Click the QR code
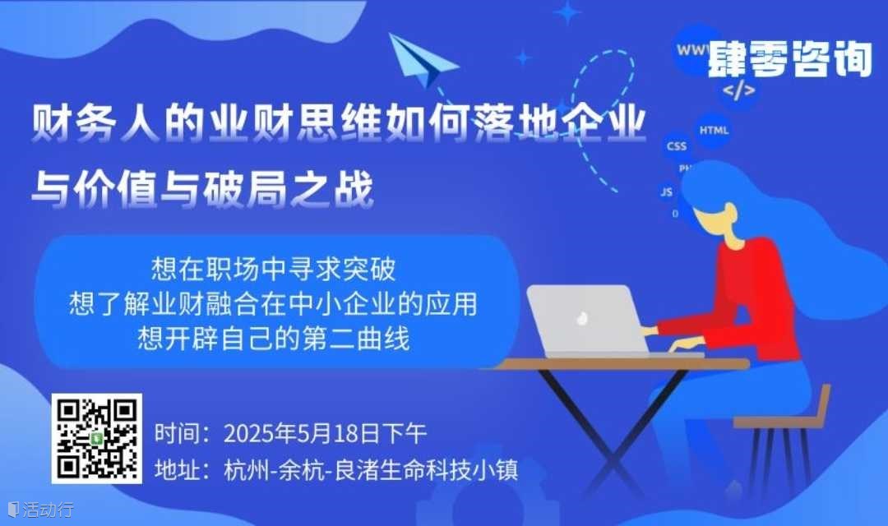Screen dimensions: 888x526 [x=97, y=439]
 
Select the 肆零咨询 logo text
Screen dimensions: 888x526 [x=789, y=58]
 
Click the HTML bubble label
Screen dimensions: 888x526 [x=714, y=130]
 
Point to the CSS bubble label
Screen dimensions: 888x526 [x=676, y=146]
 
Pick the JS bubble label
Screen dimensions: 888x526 [x=667, y=192]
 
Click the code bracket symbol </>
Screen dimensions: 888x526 [x=738, y=90]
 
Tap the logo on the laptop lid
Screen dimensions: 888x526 [x=581, y=319]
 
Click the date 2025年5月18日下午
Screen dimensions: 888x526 [x=325, y=434]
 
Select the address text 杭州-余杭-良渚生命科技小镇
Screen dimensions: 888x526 [x=371, y=470]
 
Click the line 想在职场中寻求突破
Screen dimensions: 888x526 [x=274, y=269]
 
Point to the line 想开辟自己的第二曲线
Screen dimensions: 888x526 [x=274, y=339]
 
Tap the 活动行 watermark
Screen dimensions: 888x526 [x=41, y=509]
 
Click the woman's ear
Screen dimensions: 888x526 [x=731, y=215]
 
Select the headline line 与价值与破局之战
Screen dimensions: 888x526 [x=203, y=188]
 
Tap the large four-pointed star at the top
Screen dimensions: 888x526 [x=567, y=12]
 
